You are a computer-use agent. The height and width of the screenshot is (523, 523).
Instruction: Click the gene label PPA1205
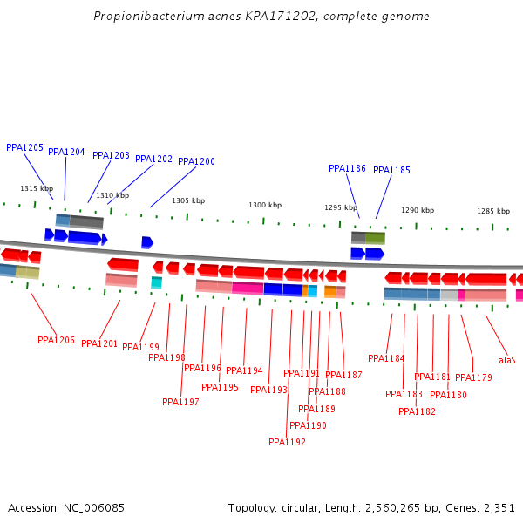coord(24,148)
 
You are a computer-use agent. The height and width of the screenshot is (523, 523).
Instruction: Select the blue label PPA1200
coord(196,162)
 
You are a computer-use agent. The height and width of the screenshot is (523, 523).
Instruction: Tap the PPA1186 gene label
coord(347,169)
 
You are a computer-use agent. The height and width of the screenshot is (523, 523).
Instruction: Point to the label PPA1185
coord(391,171)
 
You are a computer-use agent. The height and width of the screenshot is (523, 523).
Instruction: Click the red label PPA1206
coord(56,340)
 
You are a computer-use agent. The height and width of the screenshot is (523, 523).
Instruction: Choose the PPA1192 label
coord(287,443)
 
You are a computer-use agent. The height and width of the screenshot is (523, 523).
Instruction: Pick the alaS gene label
coord(506,360)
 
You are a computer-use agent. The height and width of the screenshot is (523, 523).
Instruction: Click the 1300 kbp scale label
coord(265,206)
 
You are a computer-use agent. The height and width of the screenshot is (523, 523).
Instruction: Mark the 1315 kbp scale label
coord(37,189)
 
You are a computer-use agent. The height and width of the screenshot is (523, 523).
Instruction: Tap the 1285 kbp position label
coord(493,212)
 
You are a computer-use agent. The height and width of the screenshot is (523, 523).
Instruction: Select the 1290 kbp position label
coord(418,211)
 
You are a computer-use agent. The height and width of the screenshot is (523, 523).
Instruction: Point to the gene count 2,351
coord(498,507)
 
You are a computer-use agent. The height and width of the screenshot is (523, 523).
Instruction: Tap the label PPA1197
coord(180,403)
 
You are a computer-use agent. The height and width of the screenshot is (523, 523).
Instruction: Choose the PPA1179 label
coord(473,378)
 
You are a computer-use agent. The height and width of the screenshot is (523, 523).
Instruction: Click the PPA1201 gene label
coord(99,344)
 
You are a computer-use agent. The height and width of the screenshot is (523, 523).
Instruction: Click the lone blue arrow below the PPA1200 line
coord(147,242)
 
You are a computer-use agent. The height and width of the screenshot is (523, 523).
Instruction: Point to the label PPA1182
coord(417,412)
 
